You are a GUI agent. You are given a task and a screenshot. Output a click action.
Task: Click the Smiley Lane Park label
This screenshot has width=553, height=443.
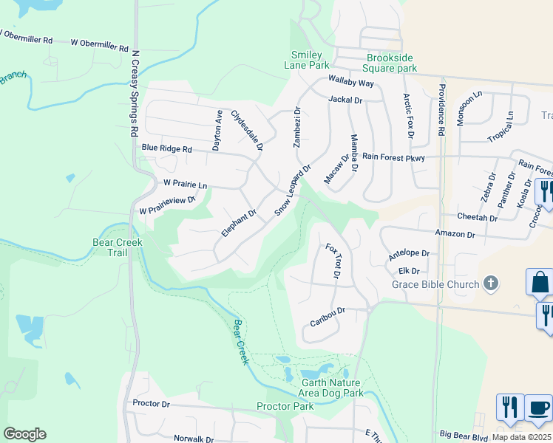tap(310, 60)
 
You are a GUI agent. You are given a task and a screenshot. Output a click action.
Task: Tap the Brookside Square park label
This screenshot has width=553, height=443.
tap(393, 63)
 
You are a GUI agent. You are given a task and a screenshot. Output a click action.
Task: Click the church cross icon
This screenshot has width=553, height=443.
tap(489, 284)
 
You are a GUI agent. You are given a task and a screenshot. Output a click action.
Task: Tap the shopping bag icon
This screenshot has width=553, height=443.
tap(540, 282)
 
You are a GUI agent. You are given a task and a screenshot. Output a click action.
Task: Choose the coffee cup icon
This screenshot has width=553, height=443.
tap(538, 408)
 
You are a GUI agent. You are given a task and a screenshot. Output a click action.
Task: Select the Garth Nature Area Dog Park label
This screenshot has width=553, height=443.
tap(332, 388)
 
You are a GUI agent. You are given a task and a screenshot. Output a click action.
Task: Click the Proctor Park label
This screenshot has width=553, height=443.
tap(285, 407)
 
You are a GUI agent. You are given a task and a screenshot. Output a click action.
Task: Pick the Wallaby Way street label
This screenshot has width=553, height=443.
tap(351, 83)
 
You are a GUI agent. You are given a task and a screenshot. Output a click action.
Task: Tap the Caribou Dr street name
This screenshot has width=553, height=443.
tap(328, 317)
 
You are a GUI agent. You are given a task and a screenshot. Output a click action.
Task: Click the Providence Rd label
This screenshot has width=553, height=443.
tap(441, 109)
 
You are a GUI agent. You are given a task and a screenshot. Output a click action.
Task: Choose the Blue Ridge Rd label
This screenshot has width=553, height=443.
tap(167, 148)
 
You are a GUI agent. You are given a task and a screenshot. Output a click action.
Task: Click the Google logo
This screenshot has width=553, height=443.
tap(25, 433)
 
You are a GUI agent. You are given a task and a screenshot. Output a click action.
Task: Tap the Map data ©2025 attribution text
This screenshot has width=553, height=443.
tap(521, 437)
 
